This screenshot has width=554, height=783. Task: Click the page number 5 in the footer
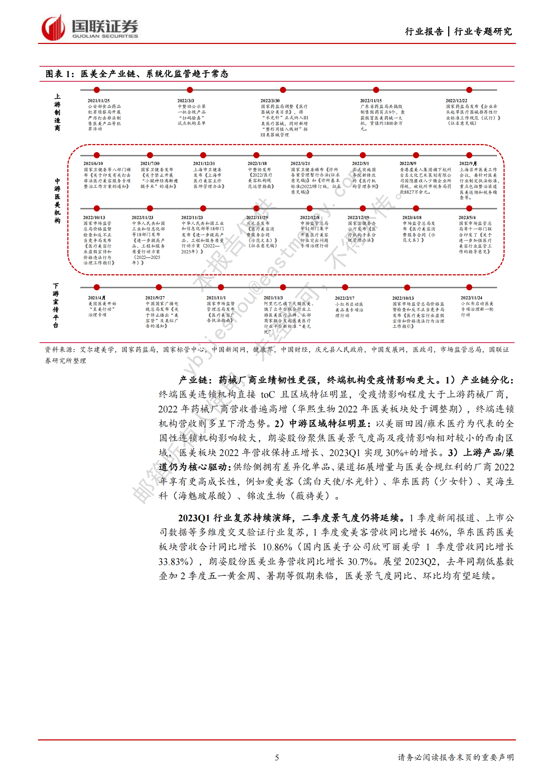(x=277, y=757)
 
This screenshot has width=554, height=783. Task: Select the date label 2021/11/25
(x=99, y=101)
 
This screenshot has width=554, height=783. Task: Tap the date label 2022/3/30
(x=270, y=101)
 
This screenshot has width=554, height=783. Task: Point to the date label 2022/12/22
(x=456, y=101)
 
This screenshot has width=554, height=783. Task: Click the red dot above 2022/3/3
(x=190, y=90)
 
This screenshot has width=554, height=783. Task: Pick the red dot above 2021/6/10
(x=97, y=155)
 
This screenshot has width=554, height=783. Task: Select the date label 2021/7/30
(x=150, y=164)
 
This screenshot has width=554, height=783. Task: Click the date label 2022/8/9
(x=408, y=164)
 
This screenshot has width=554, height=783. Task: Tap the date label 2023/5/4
(x=467, y=218)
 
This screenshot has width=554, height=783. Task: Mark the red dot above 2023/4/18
(x=416, y=209)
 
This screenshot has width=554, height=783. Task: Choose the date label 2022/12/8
(x=309, y=218)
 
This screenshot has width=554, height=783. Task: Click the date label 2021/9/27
(x=155, y=298)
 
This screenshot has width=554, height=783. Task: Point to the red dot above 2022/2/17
(x=345, y=288)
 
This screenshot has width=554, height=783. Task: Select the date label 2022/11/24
(x=471, y=298)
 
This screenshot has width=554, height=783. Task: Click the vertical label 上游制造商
(x=57, y=112)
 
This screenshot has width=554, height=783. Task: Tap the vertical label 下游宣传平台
(x=56, y=306)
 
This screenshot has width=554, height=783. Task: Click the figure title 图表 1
(x=60, y=74)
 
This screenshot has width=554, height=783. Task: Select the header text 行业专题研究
(x=483, y=32)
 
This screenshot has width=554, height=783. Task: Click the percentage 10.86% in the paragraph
(x=277, y=547)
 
